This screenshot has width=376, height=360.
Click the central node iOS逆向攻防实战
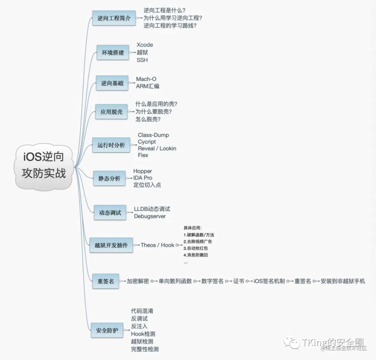click(44, 166)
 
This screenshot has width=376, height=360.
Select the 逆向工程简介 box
click(114, 18)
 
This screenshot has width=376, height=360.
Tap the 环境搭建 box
click(113, 53)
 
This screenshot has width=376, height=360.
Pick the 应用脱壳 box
click(111, 112)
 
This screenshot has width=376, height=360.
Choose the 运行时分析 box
click(111, 145)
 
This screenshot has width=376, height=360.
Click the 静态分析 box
click(109, 178)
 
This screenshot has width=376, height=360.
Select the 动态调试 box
click(110, 212)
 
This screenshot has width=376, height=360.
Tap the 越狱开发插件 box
click(111, 245)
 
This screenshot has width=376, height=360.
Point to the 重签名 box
click(105, 281)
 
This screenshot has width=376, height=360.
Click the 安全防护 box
click(107, 330)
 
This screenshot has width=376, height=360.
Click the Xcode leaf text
click(145, 45)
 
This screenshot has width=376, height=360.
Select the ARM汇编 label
click(148, 86)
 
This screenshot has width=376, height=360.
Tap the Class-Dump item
click(153, 135)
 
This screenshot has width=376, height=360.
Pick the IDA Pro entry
click(143, 178)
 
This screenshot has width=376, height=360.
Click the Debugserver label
click(150, 216)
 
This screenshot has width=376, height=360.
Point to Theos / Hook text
click(157, 245)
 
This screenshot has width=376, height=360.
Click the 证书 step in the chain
click(238, 281)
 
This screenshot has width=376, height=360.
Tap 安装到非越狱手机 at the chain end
click(343, 281)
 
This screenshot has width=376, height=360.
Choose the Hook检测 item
click(143, 334)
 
